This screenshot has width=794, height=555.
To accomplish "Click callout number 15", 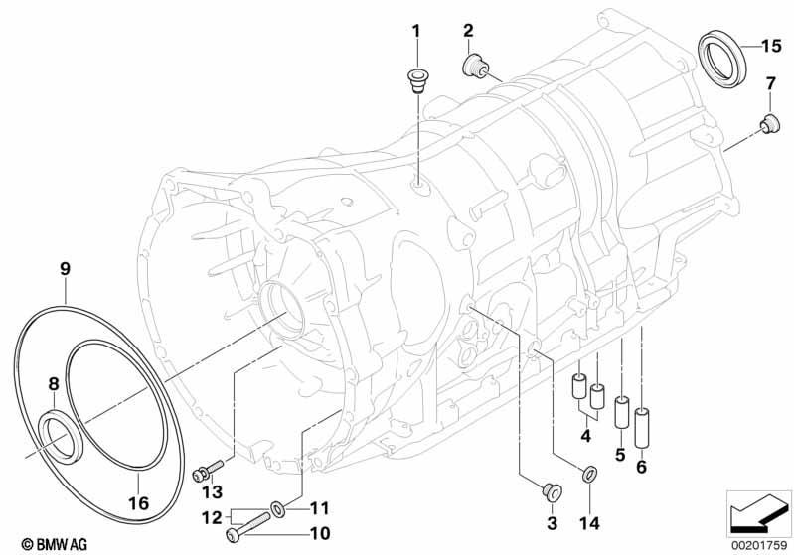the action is tap(771, 46).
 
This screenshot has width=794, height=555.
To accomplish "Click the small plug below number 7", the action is tap(769, 124).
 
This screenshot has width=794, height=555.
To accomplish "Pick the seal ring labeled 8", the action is tap(60, 436).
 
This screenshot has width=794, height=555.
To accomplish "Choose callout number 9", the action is tap(65, 269).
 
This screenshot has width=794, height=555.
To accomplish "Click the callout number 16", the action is tap(138, 503).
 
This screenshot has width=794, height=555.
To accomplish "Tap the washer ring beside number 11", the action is tap(278, 508).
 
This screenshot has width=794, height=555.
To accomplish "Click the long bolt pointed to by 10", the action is tap(248, 526).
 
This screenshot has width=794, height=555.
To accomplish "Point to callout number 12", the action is tap(212, 517).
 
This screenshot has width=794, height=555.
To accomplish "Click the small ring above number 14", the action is tap(589, 475).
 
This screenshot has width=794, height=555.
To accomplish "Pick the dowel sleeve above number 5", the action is tap(621, 412).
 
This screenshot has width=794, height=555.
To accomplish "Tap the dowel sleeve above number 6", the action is tap(642, 427).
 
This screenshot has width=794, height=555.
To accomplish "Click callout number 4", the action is tap(586, 435).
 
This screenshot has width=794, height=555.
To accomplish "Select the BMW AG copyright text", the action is tap(55, 544).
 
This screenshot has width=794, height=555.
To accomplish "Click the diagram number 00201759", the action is tap(758, 545).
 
